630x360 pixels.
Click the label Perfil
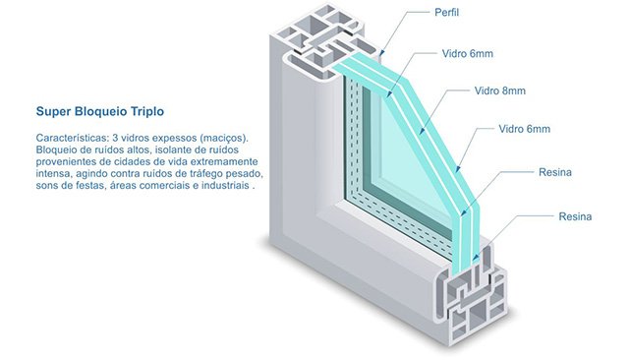tap(446, 13)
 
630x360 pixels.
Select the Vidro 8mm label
tap(500, 90)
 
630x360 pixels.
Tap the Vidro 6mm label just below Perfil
tap(467, 53)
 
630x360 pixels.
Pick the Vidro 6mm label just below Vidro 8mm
tap(524, 129)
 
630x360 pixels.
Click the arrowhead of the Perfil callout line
tap(382, 53)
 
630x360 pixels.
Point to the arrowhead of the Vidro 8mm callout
tap(422, 130)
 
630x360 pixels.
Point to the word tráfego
tap(209, 174)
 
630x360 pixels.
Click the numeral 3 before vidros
tap(115, 138)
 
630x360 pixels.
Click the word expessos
tap(176, 139)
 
